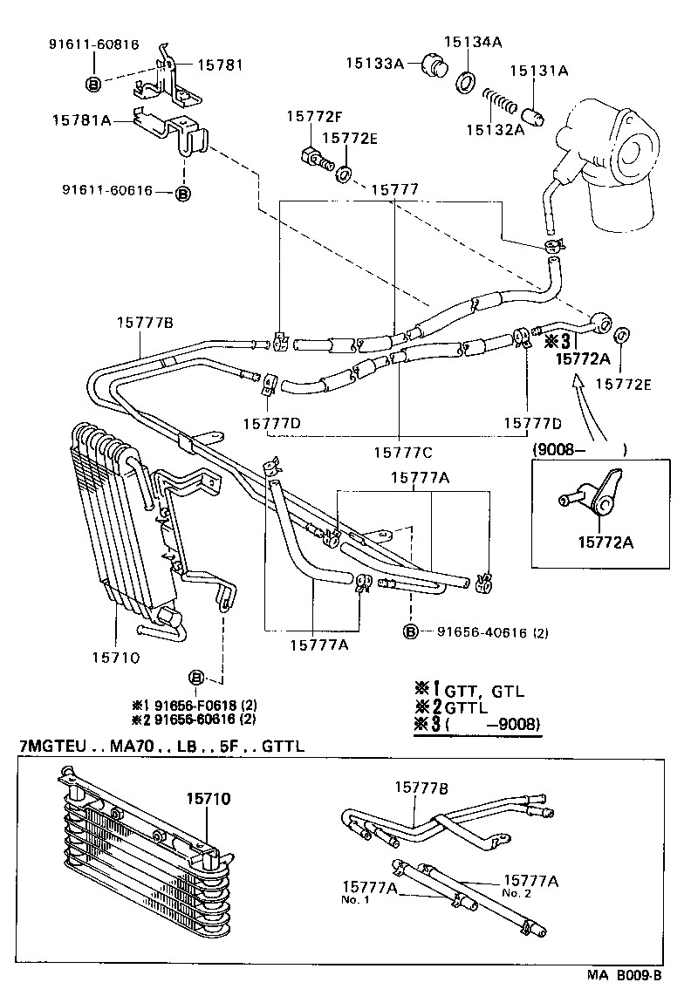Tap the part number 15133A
pyautogui.click(x=374, y=62)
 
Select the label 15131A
pyautogui.click(x=544, y=71)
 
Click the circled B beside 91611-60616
pyautogui.click(x=182, y=194)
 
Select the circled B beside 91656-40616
pyautogui.click(x=409, y=632)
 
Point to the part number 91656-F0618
pyautogui.click(x=194, y=705)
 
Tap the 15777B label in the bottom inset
pyautogui.click(x=421, y=788)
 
